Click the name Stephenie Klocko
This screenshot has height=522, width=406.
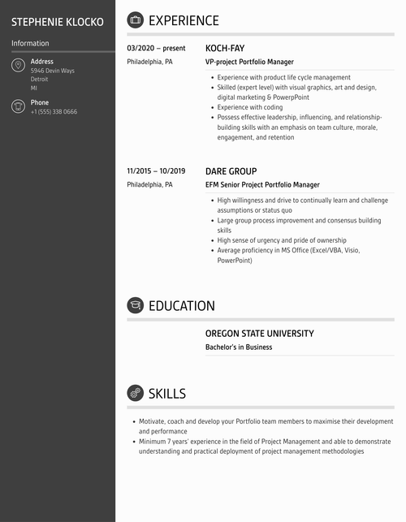58,22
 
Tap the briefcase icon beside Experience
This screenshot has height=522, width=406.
135,20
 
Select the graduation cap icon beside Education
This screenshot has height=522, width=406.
135,305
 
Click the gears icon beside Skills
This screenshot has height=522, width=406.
135,393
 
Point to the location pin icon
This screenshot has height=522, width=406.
19,65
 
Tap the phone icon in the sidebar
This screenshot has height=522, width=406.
19,106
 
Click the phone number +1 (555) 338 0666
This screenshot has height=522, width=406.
54,112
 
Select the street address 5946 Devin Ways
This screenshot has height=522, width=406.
53,71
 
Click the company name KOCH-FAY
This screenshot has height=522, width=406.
225,48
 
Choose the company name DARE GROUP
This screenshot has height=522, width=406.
231,171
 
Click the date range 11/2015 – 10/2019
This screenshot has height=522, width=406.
156,171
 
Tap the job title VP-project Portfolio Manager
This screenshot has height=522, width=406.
249,62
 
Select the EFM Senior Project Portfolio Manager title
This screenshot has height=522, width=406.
262,185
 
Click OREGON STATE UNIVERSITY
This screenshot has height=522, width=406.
259,334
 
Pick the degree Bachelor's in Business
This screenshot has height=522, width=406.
239,347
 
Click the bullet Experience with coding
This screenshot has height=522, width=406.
250,107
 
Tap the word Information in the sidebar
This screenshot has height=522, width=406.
30,43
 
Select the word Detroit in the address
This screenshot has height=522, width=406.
40,80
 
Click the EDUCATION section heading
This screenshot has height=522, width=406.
182,306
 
